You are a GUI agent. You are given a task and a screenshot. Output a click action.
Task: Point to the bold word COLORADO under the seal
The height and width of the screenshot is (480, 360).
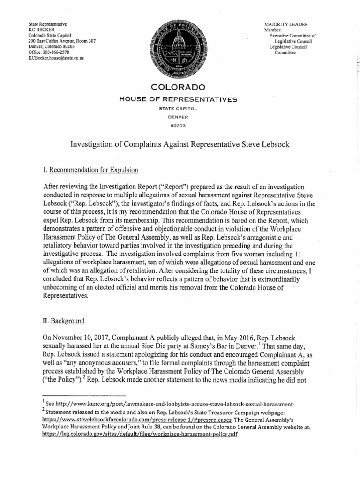pos(178,88)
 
